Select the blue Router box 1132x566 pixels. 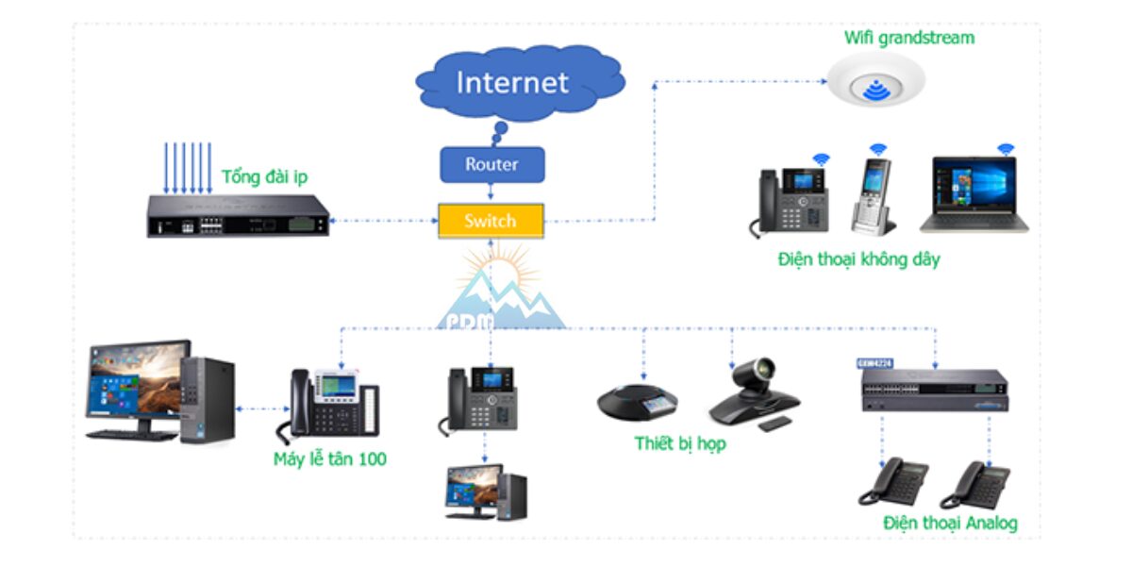pos(491,164)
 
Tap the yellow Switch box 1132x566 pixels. pos(491,222)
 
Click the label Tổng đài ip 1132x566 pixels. pos(264,177)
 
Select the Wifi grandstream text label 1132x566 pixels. pos(908,39)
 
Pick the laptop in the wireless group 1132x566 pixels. pos(974,195)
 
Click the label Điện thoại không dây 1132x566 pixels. pos(858,258)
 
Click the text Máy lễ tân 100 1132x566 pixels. pos(330,459)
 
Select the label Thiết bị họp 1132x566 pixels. pos(680,443)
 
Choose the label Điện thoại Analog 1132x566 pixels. pos(950,522)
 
